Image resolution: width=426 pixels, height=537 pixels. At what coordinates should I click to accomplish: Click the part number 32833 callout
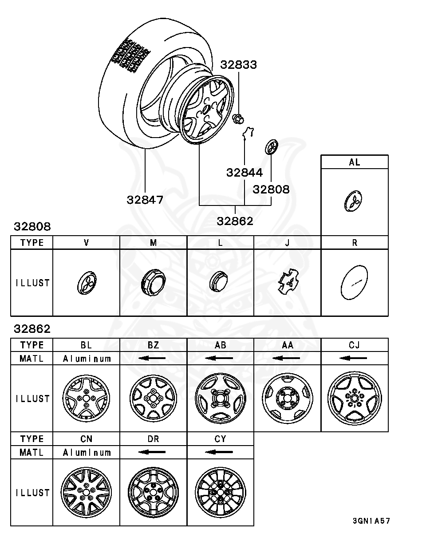pos(239,65)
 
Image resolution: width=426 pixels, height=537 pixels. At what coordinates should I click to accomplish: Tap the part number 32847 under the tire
pos(145,200)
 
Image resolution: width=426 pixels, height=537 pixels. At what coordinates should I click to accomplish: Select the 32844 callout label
pos(245,173)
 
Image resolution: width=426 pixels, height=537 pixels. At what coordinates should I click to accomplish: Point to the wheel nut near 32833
pos(238,119)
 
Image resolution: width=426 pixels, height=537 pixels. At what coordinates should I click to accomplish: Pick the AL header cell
pos(354,162)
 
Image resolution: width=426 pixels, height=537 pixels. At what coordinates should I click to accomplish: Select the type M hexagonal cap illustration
pos(153,283)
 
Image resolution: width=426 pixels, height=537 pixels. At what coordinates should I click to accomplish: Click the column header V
pos(86,243)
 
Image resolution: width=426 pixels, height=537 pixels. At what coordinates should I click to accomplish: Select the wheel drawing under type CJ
pos(354,398)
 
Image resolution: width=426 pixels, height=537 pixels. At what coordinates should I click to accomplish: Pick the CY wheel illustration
pos(220,492)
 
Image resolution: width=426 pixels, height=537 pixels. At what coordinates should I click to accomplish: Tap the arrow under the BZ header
pos(153,358)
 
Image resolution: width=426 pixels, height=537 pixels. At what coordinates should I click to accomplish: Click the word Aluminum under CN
pos(86,452)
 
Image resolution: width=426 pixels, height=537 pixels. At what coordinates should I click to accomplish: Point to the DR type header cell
pos(153,439)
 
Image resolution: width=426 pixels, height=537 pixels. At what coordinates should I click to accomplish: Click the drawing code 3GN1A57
pos(371,521)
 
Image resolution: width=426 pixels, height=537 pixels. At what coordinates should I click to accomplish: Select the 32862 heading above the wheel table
pos(32,329)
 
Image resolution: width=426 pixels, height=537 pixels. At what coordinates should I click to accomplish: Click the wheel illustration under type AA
pos(287,398)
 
